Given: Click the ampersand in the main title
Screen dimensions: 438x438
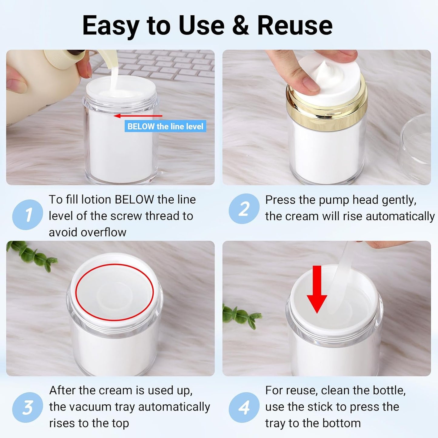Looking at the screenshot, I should (x=240, y=25).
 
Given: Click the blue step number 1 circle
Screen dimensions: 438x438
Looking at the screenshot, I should (x=27, y=215).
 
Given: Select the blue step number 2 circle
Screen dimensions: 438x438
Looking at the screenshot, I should (x=244, y=209).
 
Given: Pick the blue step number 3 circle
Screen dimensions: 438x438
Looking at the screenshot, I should (x=27, y=407).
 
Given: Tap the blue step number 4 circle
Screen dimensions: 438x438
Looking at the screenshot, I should (x=244, y=407).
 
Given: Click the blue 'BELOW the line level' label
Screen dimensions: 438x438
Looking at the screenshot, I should (x=165, y=126).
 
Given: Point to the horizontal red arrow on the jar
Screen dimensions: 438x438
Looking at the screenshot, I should (x=138, y=116).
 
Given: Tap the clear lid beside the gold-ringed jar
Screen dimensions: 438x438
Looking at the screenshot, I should (x=417, y=149).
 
